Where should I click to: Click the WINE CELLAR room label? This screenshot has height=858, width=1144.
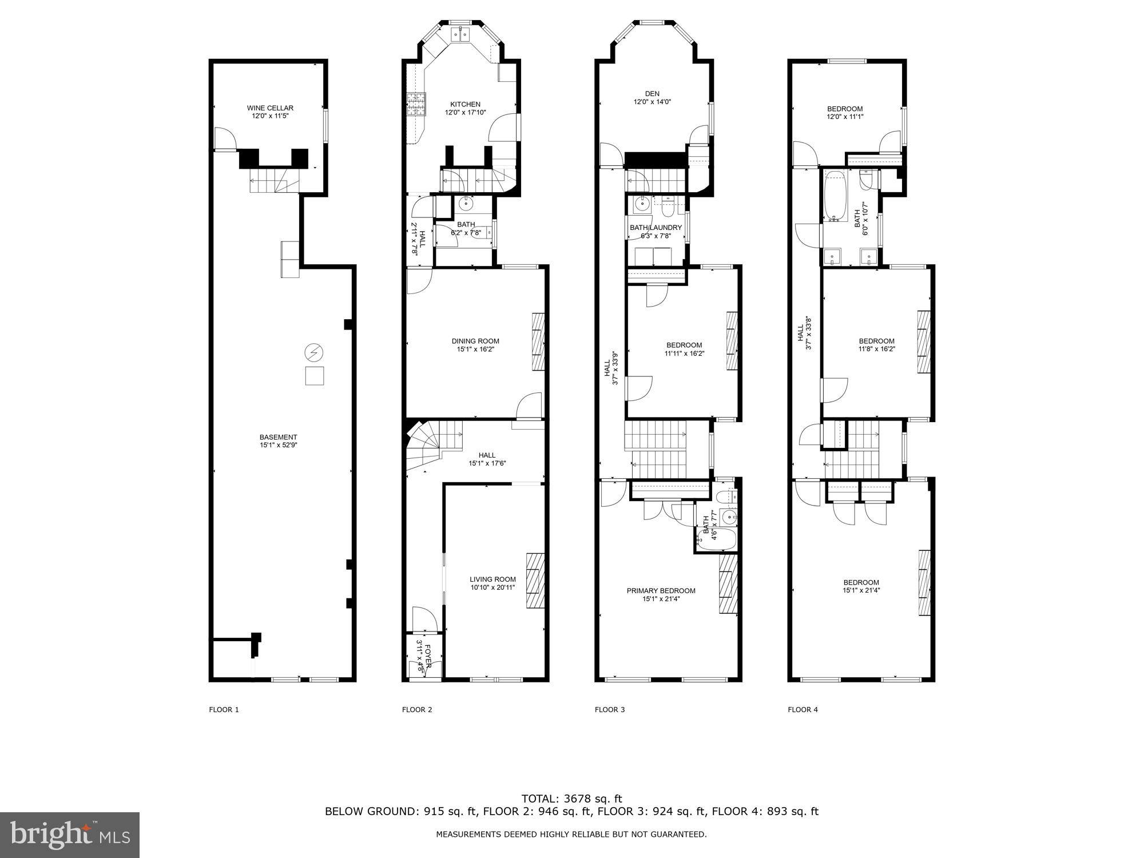tap(270, 108)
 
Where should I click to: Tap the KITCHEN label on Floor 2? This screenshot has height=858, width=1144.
tap(465, 104)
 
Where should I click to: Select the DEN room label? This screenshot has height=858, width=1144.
tap(652, 94)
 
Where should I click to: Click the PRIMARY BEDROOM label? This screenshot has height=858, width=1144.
tap(661, 591)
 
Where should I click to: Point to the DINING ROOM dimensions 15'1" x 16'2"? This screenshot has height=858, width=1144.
tap(475, 349)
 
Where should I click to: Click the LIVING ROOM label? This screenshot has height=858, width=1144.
tap(492, 579)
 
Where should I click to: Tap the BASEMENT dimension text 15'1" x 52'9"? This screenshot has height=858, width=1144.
tap(278, 445)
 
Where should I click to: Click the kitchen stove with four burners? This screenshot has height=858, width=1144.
tap(416, 105)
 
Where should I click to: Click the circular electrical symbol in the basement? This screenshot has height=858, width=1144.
tap(313, 352)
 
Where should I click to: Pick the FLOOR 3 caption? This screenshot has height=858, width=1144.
tap(610, 710)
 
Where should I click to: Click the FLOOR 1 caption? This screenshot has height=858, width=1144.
tap(224, 710)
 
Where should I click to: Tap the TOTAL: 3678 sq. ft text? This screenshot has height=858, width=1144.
tap(571, 799)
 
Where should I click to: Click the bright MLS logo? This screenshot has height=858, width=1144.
tap(70, 835)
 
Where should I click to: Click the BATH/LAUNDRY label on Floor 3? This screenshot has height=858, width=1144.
tap(656, 228)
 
